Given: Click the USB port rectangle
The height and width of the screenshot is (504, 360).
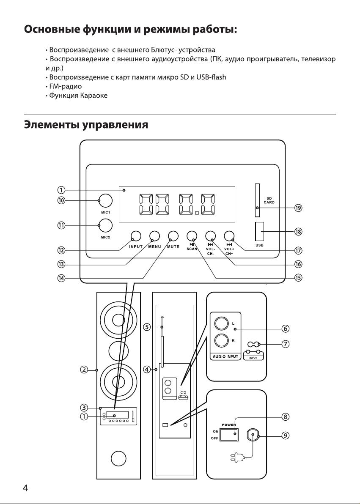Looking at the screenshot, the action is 260,231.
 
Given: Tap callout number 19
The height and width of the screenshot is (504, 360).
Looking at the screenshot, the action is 298,208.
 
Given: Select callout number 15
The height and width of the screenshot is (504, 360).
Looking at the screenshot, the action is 298,278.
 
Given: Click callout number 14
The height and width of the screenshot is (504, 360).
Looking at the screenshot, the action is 61,278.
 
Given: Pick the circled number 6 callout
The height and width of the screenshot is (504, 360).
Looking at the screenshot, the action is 286,329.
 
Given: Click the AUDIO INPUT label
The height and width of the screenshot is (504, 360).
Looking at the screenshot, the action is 225,356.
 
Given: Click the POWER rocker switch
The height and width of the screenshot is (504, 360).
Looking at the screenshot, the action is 229,434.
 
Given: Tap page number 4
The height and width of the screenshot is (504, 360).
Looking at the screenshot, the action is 25,488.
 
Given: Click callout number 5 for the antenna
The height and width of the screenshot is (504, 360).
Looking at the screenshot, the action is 147,327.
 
